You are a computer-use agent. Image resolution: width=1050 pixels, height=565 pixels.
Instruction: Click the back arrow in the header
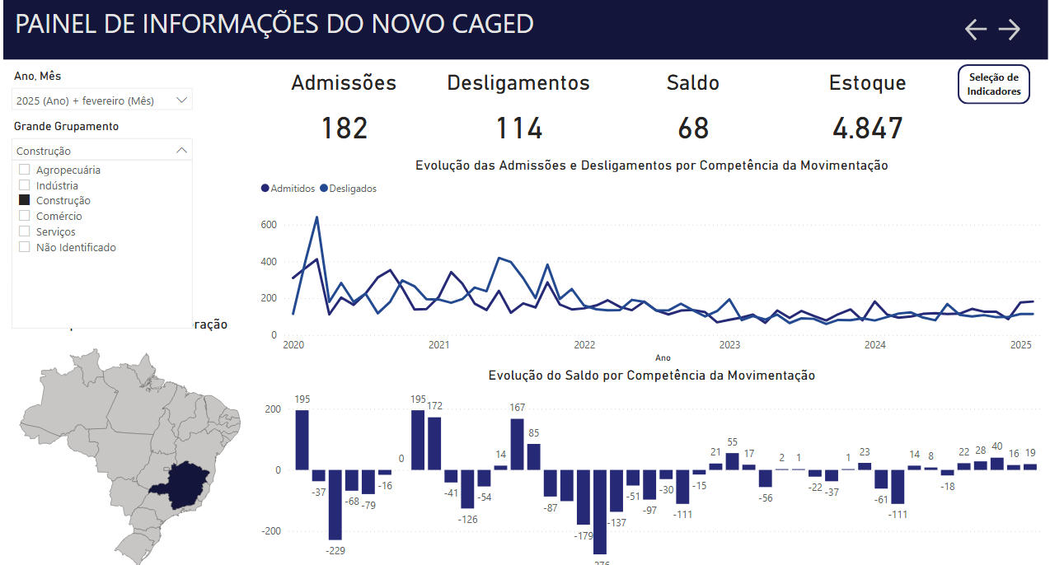[976, 30]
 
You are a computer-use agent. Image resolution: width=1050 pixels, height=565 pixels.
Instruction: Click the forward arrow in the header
[1010, 30]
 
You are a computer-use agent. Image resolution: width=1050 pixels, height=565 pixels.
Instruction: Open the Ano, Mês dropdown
[182, 100]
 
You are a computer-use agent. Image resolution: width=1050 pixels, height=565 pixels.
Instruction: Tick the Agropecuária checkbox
[25, 170]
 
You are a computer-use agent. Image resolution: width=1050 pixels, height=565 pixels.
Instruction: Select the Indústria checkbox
[25, 185]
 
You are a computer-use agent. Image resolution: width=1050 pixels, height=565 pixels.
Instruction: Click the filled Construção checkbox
[25, 200]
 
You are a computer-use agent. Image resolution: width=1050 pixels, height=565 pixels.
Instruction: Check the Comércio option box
[25, 216]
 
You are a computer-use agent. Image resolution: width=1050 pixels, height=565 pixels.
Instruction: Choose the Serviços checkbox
[25, 231]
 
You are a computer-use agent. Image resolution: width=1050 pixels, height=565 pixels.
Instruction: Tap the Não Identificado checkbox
[25, 247]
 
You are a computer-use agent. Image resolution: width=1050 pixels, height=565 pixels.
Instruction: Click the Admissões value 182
[344, 128]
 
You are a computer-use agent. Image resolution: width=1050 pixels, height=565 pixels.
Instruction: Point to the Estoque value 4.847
[867, 128]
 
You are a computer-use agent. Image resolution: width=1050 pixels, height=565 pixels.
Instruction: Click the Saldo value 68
[693, 128]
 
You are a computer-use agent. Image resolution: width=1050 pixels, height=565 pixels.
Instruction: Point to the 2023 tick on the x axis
[729, 345]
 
